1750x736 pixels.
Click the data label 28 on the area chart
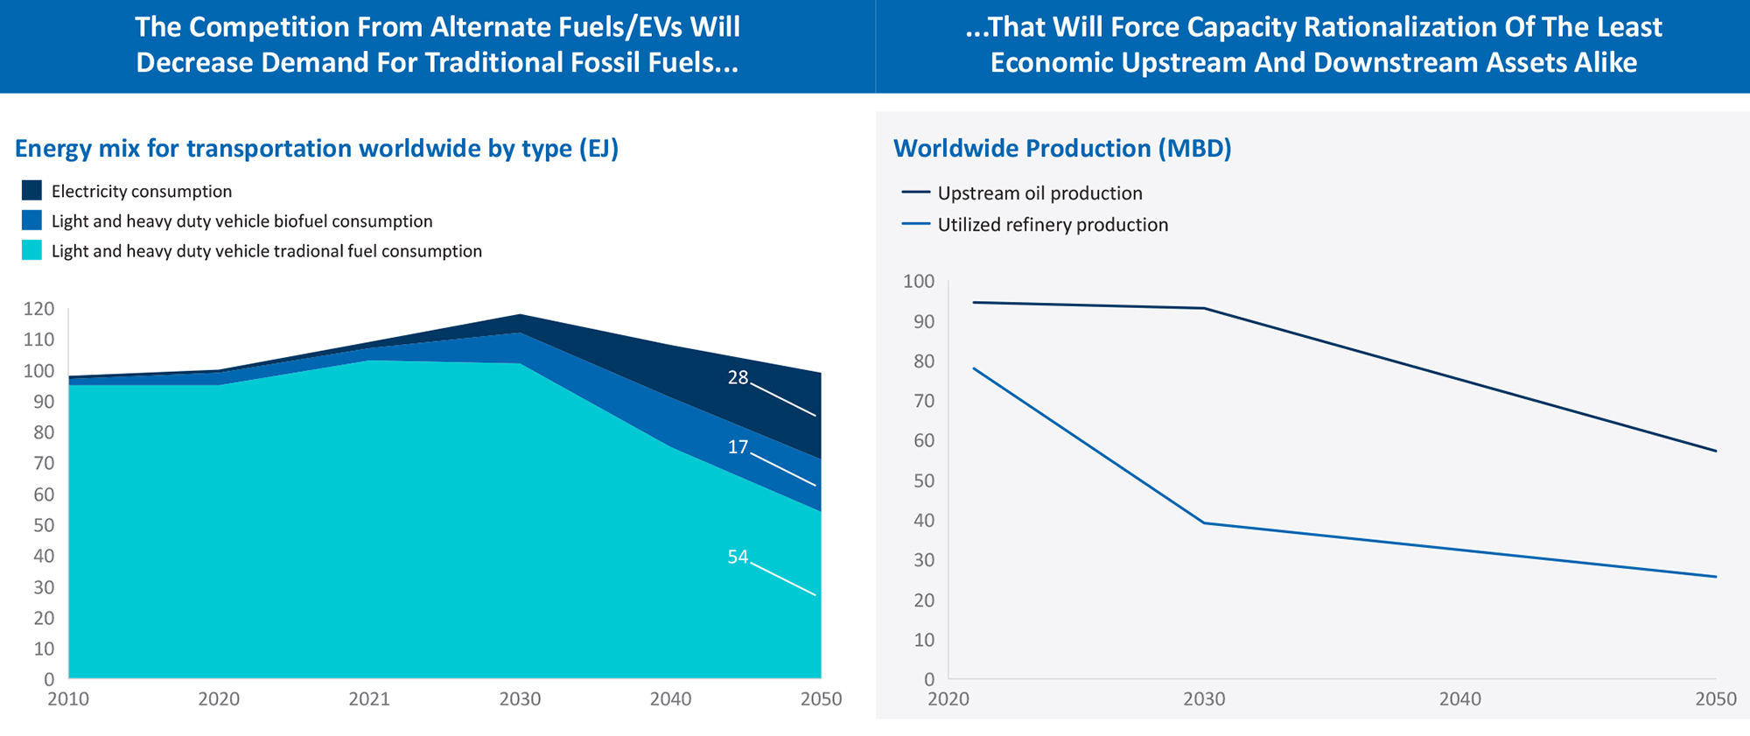(x=738, y=377)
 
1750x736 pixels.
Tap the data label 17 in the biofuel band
(x=738, y=447)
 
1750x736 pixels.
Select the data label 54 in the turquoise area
(x=738, y=557)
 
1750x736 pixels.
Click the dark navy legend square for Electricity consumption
(x=31, y=191)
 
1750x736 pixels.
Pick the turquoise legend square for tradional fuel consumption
(x=31, y=251)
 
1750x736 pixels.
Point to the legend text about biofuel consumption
(x=241, y=221)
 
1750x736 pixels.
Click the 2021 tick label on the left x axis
(x=369, y=699)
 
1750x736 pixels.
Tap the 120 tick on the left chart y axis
(x=38, y=309)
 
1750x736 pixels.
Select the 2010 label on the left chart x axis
(x=68, y=699)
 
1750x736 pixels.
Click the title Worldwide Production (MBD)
(x=1062, y=148)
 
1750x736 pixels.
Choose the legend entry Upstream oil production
(x=1039, y=193)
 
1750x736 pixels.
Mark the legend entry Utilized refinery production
(x=1053, y=225)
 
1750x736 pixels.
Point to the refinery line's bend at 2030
(x=1205, y=523)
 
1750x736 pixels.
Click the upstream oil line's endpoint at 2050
(x=1716, y=452)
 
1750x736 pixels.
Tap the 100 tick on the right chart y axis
(x=919, y=282)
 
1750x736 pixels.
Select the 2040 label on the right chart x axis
(x=1460, y=699)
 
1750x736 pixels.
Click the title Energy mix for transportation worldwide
(x=316, y=148)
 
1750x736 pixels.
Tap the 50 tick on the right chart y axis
(x=924, y=481)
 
